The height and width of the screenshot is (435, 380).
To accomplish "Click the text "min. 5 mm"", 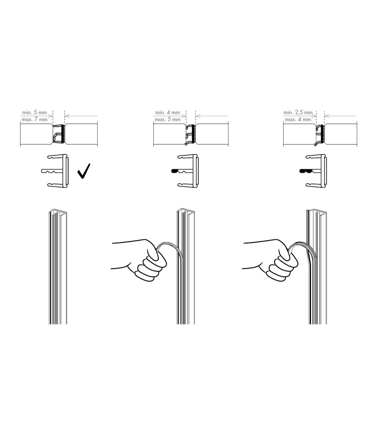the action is point(35,113).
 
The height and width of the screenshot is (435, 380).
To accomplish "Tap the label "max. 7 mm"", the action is point(35,120).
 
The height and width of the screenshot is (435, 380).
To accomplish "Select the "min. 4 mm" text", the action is point(168,113).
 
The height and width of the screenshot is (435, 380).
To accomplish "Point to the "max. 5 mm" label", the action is point(168,120).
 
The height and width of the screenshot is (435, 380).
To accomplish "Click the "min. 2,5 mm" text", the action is point(298,113).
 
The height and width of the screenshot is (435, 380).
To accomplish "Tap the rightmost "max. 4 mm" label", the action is point(298,120).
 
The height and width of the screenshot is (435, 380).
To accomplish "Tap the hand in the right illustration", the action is point(271,260).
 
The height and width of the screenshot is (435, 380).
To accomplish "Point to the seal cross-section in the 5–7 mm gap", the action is point(58,134).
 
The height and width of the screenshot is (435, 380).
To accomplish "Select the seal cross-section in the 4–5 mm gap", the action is point(190,134).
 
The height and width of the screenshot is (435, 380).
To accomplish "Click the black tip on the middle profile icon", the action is point(174,171).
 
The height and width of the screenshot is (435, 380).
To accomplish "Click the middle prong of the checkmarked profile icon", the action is point(52,171).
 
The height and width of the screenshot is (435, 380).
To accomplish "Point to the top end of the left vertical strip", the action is point(58,211).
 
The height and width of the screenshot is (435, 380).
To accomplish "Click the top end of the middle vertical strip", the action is point(186,211).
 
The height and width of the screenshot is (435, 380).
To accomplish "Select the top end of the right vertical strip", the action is point(317,211).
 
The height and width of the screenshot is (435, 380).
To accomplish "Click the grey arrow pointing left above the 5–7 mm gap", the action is point(81,116).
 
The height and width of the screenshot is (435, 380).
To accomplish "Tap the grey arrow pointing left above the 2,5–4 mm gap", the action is point(340,116).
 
